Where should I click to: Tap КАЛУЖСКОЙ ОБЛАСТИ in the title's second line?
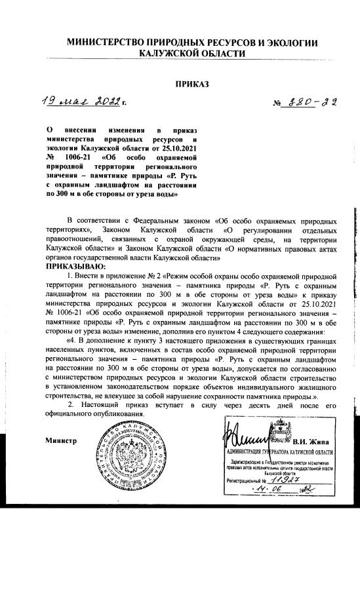click(x=192, y=54)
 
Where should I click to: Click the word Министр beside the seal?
click(x=61, y=440)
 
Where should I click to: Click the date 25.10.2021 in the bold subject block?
click(x=176, y=149)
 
